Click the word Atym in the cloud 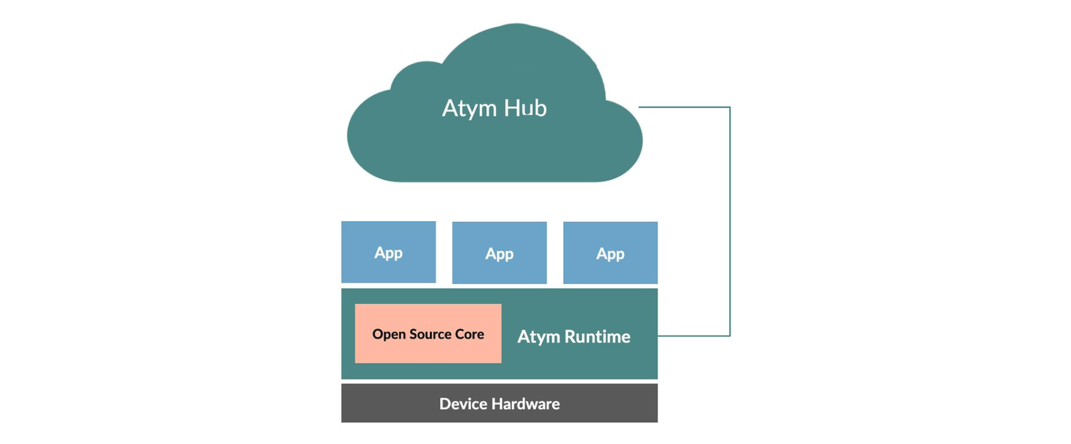coord(469,108)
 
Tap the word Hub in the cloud coord(525,108)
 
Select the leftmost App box coord(388,253)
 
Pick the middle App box coord(499,253)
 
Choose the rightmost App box coord(610,253)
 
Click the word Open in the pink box coord(389,334)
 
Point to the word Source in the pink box coord(430,334)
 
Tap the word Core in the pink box coord(470,334)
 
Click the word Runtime coord(597,336)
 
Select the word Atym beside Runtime coord(539,336)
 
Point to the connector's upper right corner coord(730,107)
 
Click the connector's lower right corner coord(730,336)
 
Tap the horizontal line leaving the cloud coord(684,107)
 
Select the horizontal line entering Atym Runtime coord(694,336)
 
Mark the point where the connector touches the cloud coord(639,107)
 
